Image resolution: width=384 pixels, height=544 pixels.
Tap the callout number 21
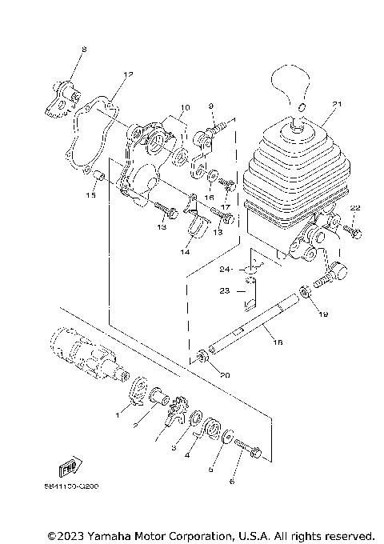(x=337, y=105)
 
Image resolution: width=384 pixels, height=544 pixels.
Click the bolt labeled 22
(x=353, y=232)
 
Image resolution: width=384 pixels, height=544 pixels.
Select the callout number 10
(x=185, y=106)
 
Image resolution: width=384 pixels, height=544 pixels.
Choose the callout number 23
(x=226, y=292)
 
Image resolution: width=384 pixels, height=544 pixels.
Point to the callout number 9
(x=210, y=106)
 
